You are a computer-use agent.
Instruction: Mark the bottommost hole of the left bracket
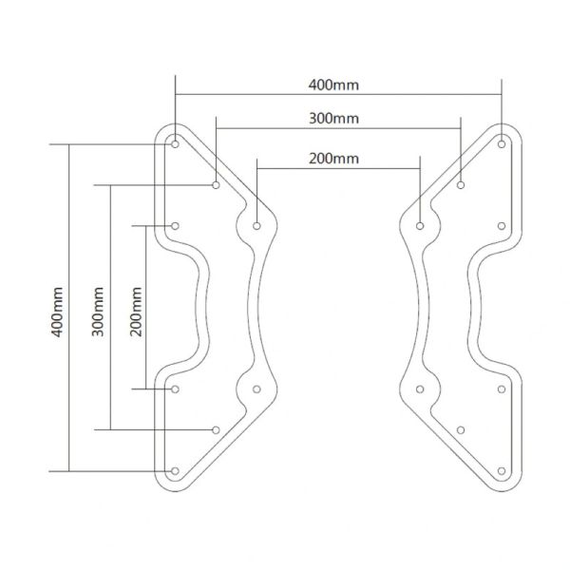(176, 470)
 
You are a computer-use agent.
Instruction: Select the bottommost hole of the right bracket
(502, 470)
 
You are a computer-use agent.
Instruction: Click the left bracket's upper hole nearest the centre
(257, 226)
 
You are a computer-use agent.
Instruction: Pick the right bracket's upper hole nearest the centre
(420, 226)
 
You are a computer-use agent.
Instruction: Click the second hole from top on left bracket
(217, 185)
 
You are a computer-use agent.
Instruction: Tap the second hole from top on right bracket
(461, 185)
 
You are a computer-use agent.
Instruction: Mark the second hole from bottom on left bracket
(217, 429)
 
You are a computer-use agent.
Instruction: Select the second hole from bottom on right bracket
(461, 429)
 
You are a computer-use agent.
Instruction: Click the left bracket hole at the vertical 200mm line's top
(176, 226)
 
